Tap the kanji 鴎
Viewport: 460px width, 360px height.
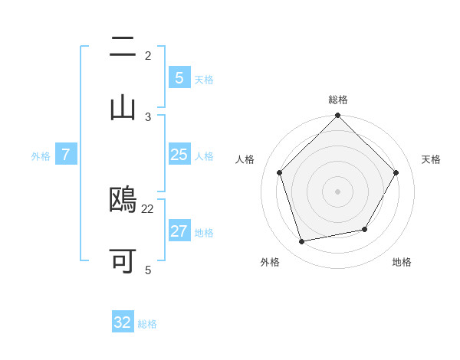pyautogui.click(x=123, y=201)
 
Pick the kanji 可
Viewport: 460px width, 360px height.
pyautogui.click(x=123, y=261)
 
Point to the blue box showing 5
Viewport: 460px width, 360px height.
pyautogui.click(x=179, y=78)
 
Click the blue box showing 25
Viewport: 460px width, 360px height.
pyautogui.click(x=179, y=155)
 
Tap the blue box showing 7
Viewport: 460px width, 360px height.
pyautogui.click(x=66, y=155)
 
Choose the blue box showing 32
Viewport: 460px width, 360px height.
pyautogui.click(x=123, y=322)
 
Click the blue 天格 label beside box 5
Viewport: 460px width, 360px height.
pyautogui.click(x=204, y=80)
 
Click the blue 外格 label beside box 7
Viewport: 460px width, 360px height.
pyautogui.click(x=41, y=156)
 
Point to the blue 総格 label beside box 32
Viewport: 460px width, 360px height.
pyautogui.click(x=148, y=324)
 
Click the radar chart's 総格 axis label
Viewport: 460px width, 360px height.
pyautogui.click(x=338, y=100)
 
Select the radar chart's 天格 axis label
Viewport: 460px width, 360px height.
pyautogui.click(x=432, y=159)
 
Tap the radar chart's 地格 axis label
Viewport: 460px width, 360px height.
pyautogui.click(x=402, y=262)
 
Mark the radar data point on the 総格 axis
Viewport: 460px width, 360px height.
pyautogui.click(x=338, y=116)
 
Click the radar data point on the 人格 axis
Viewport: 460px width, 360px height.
pyautogui.click(x=280, y=172)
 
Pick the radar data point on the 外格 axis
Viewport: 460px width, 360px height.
pyautogui.click(x=302, y=241)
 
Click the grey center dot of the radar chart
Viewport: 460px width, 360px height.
pyautogui.click(x=338, y=191)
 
